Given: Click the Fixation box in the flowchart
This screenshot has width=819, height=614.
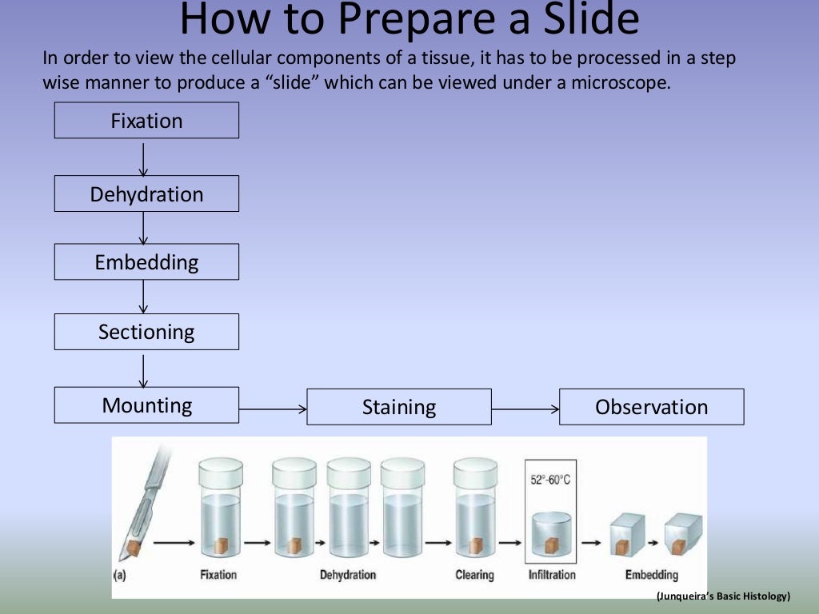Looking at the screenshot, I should click(146, 121).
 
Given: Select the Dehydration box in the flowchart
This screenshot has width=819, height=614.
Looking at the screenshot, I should click(146, 194).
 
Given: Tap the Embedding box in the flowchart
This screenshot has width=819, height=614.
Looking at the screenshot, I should click(146, 262).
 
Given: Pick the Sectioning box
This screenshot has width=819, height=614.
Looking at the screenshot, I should click(146, 332).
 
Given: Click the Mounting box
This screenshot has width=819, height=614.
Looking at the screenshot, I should click(146, 405).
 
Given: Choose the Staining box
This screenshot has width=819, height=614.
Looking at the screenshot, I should click(399, 407).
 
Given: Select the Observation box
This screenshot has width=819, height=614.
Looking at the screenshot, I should click(651, 407).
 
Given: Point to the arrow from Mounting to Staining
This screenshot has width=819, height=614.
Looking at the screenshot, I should click(273, 409).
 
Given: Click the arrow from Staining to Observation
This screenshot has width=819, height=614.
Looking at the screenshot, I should click(525, 409).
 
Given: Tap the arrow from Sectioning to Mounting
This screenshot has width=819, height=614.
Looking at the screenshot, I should click(144, 369).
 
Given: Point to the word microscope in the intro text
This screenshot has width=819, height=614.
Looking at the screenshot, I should click(617, 82).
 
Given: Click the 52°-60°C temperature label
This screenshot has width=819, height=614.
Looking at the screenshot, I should click(551, 480).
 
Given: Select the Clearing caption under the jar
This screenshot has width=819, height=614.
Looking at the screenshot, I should click(475, 575).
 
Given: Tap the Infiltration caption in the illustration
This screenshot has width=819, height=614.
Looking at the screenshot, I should click(551, 575).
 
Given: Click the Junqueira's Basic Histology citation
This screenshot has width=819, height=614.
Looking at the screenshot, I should click(723, 596).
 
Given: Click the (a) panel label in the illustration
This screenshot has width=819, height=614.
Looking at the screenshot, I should click(120, 575).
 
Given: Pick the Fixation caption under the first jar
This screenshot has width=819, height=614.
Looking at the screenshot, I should click(218, 575).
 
